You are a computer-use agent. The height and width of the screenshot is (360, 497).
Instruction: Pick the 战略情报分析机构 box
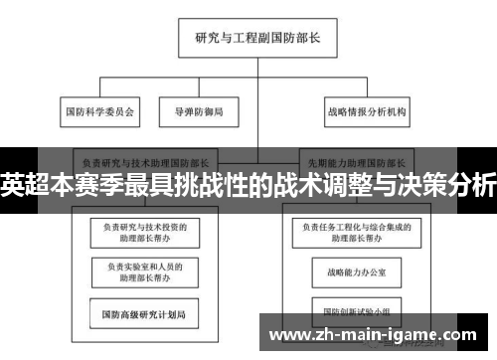[366, 112]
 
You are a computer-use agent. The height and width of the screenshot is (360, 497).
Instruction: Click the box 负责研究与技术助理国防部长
[144, 160]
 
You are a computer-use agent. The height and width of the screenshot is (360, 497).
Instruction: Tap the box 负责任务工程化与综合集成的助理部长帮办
[353, 233]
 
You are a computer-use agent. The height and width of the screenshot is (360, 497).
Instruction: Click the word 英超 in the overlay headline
[22, 185]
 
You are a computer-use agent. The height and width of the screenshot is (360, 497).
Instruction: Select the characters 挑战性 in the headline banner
[215, 185]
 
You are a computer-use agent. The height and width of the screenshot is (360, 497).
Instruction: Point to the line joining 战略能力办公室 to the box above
[353, 253]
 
